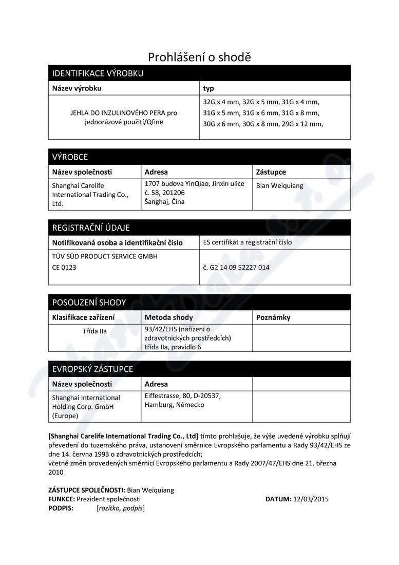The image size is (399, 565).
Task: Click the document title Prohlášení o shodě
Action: [199, 57]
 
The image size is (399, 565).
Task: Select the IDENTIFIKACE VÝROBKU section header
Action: [98, 73]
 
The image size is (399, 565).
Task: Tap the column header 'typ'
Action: [208, 88]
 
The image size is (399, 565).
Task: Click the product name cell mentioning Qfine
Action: [124, 117]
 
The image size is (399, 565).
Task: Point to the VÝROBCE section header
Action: [70, 157]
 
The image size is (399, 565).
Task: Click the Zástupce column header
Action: [271, 172]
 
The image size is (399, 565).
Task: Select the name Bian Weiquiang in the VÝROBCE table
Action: [279, 186]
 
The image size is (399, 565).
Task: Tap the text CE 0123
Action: [64, 267]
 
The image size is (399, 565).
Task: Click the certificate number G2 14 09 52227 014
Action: [236, 268]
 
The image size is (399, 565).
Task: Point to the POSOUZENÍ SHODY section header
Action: [89, 303]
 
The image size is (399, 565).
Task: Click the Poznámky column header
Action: [273, 317]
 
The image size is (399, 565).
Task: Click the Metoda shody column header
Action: [169, 317]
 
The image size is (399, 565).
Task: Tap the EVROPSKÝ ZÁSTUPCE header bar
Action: [92, 369]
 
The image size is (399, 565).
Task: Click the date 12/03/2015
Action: [311, 499]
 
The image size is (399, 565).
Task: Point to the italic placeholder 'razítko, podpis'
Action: [120, 508]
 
